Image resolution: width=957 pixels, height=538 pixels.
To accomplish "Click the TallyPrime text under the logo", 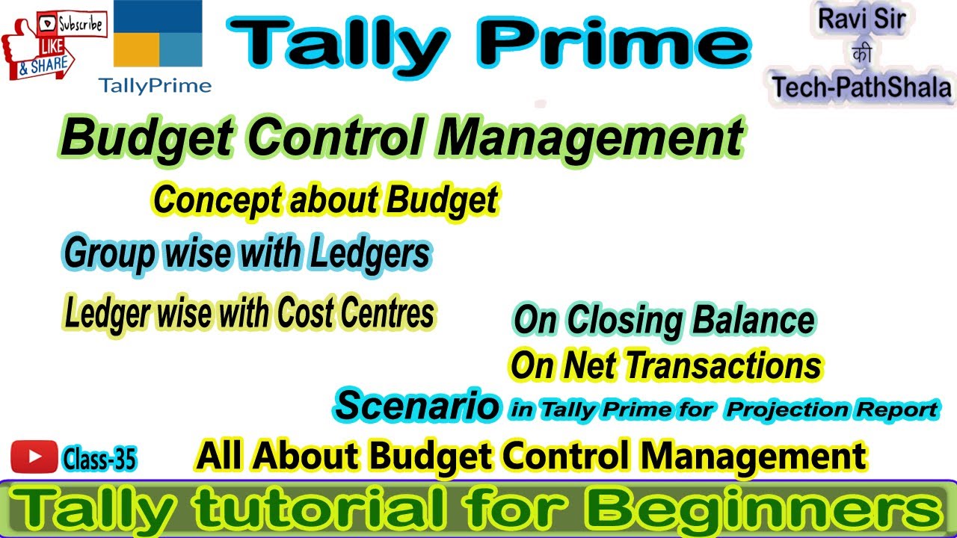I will tap(155, 85).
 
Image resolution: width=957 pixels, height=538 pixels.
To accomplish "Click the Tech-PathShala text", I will tap(861, 88).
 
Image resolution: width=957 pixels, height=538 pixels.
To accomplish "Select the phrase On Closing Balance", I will tap(664, 321).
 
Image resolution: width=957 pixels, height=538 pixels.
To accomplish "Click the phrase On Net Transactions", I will tap(665, 366).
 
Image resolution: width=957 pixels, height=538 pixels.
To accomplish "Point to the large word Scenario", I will tap(417, 406).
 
